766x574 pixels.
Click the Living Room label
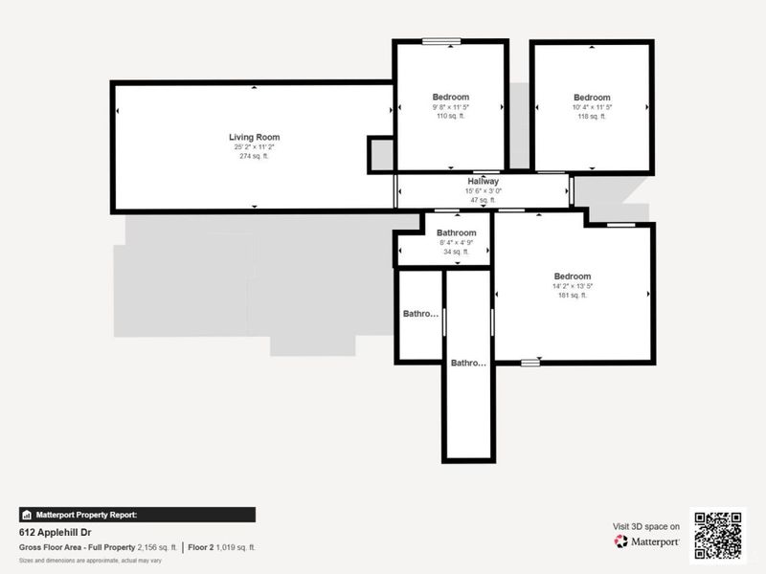pyautogui.click(x=254, y=138)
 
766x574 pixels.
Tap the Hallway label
pyautogui.click(x=483, y=182)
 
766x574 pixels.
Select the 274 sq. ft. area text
pyautogui.click(x=254, y=157)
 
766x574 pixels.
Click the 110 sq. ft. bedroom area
pyautogui.click(x=450, y=117)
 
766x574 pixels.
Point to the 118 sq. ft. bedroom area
pyautogui.click(x=592, y=117)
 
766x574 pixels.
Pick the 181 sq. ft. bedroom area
pyautogui.click(x=572, y=296)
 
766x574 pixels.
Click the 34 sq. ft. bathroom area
pyautogui.click(x=456, y=253)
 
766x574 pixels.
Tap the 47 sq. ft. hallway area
pyautogui.click(x=483, y=200)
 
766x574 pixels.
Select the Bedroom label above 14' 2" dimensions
pyautogui.click(x=572, y=276)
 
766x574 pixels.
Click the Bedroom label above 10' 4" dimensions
pyautogui.click(x=592, y=98)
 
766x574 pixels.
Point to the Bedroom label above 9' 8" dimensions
pyautogui.click(x=450, y=98)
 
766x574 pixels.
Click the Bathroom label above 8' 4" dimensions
pyautogui.click(x=456, y=233)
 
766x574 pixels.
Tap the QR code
pyautogui.click(x=717, y=534)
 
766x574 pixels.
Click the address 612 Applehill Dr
pyautogui.click(x=55, y=532)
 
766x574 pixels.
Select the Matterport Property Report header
pyautogui.click(x=86, y=515)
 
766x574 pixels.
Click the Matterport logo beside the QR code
pyautogui.click(x=647, y=541)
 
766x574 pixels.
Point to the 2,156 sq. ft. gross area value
pyautogui.click(x=157, y=547)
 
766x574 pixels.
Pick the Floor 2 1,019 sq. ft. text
pyautogui.click(x=221, y=547)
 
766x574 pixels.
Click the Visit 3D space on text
pyautogui.click(x=646, y=526)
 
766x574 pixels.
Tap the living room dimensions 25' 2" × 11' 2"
pyautogui.click(x=254, y=147)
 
